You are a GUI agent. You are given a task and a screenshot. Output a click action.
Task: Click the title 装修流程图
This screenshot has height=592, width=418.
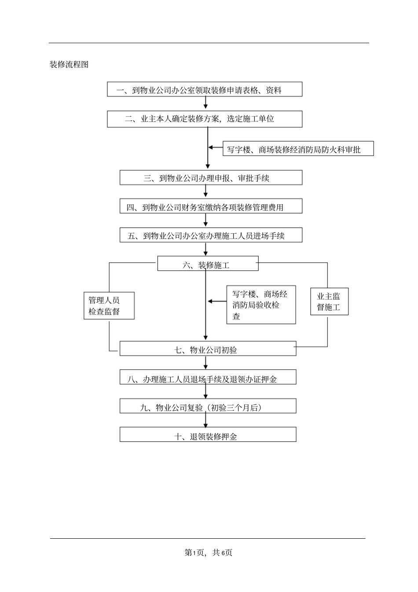pos(69,65)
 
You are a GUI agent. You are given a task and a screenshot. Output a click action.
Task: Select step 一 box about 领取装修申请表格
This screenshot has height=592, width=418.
pos(205,89)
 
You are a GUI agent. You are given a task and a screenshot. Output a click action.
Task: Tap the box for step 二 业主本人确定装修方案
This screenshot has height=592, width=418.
pos(205,119)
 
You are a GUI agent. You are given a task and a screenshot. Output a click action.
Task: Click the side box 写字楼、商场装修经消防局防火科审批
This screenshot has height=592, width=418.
pos(298,149)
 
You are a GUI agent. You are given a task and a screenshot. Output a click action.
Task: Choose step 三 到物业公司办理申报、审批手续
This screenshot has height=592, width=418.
pos(211,178)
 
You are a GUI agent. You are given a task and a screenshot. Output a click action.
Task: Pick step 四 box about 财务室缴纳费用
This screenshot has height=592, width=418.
pos(211,206)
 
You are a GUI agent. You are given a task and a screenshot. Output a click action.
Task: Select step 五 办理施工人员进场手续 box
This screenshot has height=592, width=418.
pos(211,235)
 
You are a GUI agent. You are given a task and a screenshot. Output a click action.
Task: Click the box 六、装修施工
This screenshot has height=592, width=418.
pos(208,264)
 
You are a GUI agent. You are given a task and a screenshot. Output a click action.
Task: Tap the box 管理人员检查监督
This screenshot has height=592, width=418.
pos(109,305)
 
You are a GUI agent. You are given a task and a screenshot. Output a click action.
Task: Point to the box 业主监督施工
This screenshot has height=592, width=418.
pos(329,302)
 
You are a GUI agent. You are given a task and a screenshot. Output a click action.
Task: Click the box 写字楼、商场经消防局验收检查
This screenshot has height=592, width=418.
pos(261,305)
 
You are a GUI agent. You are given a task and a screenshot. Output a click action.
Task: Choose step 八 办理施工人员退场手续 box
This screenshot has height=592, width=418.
pos(208,378)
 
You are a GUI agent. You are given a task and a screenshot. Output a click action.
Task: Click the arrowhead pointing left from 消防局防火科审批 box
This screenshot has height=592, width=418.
pos(212,148)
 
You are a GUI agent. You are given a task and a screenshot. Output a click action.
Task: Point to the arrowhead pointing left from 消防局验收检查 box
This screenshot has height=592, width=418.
pos(210,302)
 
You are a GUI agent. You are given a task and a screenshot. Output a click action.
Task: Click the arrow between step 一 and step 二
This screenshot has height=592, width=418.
pos(205,104)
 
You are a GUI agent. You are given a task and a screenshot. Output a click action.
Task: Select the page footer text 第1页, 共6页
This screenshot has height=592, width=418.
pos(209,552)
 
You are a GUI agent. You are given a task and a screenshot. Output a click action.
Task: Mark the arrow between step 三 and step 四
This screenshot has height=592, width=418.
pos(205,192)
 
